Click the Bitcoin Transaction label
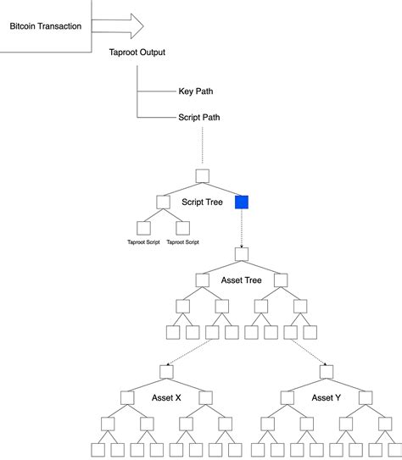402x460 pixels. [46, 26]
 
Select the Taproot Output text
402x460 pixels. [137, 53]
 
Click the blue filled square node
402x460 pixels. [242, 202]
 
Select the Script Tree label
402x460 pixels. [202, 203]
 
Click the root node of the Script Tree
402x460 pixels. [202, 176]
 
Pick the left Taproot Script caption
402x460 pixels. [143, 242]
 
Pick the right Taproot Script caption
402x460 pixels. [182, 242]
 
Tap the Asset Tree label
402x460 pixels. [242, 280]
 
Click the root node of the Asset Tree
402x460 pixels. [242, 253]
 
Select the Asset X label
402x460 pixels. [166, 397]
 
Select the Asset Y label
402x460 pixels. [326, 397]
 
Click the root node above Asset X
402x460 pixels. [166, 370]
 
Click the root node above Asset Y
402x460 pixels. [326, 370]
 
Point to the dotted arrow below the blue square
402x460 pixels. [242, 227]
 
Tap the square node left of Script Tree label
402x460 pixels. [163, 202]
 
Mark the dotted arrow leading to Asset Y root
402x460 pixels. [309, 352]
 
